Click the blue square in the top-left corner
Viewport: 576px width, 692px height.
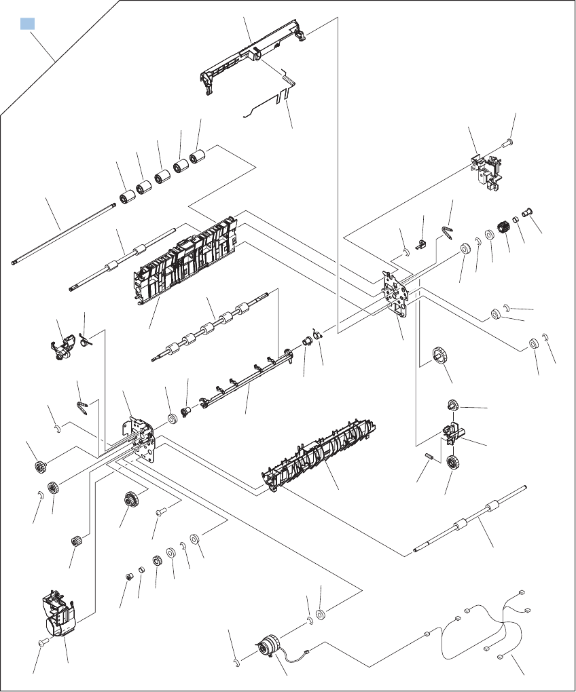coord(27,24)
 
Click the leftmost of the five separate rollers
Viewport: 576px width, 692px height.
coord(126,199)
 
